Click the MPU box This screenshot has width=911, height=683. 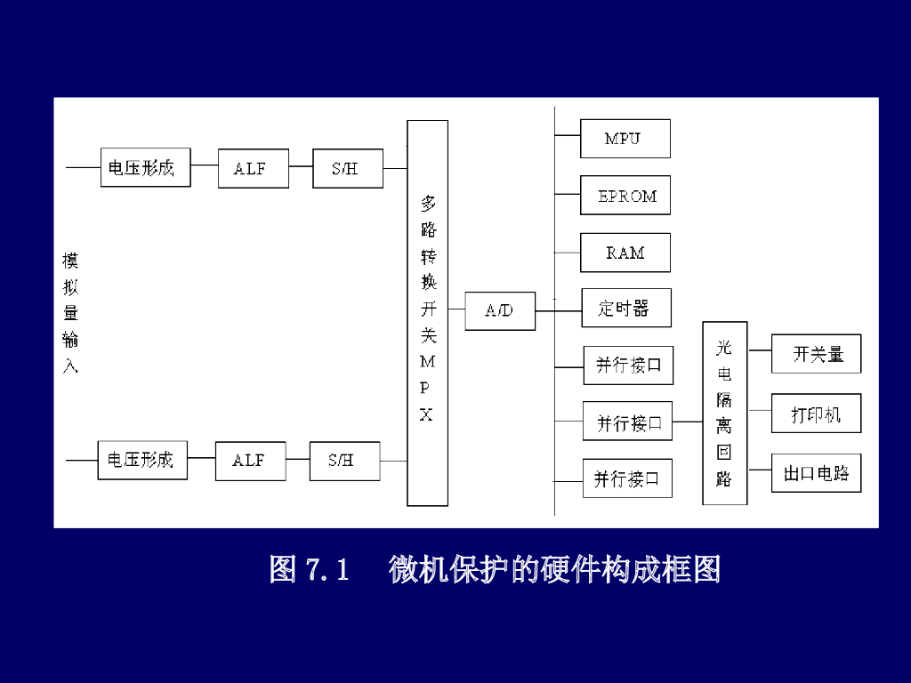pyautogui.click(x=625, y=139)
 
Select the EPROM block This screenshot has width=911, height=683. pyautogui.click(x=625, y=196)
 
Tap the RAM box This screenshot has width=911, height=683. pyautogui.click(x=625, y=253)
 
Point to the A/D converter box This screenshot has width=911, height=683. pyautogui.click(x=500, y=311)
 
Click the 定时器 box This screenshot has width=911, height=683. pyautogui.click(x=625, y=308)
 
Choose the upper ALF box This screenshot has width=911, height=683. pyautogui.click(x=254, y=168)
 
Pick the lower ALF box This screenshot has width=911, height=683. pyautogui.click(x=250, y=461)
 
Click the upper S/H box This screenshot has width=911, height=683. pyautogui.click(x=348, y=168)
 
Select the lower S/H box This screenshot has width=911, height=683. pyautogui.click(x=344, y=461)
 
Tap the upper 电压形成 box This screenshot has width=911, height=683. pyautogui.click(x=145, y=167)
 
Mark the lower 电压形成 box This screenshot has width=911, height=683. pyautogui.click(x=142, y=460)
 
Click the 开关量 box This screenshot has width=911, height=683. pyautogui.click(x=817, y=354)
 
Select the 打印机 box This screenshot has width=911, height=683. pyautogui.click(x=816, y=414)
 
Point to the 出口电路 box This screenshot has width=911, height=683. pyautogui.click(x=816, y=473)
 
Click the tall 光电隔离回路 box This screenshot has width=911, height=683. pyautogui.click(x=724, y=413)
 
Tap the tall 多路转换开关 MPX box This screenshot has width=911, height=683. pyautogui.click(x=427, y=313)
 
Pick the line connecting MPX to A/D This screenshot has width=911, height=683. pyautogui.click(x=456, y=310)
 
